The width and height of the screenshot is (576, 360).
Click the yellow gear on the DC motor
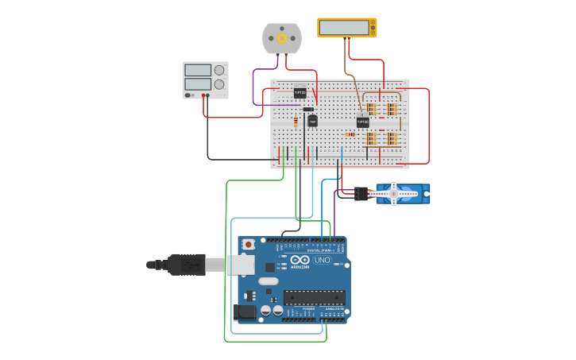(281, 38)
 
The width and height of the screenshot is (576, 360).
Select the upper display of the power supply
(198, 71)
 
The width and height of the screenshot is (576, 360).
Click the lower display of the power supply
(198, 83)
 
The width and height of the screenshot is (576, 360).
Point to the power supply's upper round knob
(218, 71)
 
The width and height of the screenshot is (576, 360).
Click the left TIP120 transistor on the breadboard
(300, 93)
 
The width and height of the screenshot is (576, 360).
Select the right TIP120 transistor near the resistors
(362, 122)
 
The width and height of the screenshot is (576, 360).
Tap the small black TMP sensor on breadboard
(312, 121)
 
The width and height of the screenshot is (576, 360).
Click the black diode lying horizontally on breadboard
(308, 110)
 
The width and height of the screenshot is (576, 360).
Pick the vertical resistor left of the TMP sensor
(296, 122)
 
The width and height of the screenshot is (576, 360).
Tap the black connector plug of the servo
(361, 193)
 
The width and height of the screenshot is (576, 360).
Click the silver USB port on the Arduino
(239, 265)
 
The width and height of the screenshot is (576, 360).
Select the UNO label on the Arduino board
(322, 260)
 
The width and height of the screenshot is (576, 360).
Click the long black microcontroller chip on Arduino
(315, 298)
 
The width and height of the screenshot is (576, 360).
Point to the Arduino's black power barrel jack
(246, 312)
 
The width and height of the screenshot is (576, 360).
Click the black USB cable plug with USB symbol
(187, 265)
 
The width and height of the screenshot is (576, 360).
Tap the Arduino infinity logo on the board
(300, 260)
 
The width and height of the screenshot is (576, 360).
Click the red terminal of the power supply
(208, 95)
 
